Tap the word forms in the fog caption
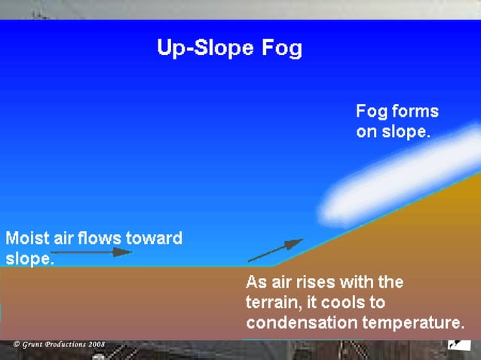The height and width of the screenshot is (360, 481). click(x=413, y=112)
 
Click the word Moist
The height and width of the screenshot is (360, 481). click(x=28, y=239)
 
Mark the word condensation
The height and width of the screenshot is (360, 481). click(x=299, y=324)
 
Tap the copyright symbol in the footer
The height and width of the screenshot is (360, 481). click(x=17, y=345)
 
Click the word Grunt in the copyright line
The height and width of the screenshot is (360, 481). click(x=34, y=345)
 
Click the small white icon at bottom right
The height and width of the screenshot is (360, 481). click(x=455, y=345)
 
